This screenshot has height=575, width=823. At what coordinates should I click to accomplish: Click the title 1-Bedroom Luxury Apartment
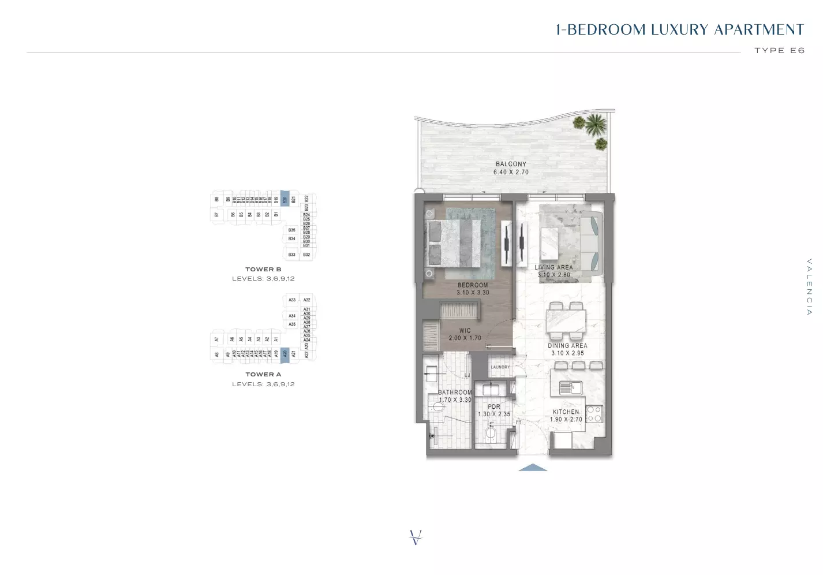pos(679,30)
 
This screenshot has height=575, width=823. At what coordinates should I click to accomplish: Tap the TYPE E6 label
pos(779,51)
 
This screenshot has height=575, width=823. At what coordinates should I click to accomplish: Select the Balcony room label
pos(511,164)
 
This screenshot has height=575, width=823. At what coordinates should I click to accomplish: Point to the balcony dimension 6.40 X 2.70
pos(511,172)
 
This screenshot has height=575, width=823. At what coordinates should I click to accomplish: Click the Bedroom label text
pos(473,285)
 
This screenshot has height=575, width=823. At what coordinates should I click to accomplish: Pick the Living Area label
pos(553,267)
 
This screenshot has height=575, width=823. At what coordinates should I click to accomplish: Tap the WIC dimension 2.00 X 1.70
pos(465,338)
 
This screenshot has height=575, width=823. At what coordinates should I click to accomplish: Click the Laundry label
pos(500,367)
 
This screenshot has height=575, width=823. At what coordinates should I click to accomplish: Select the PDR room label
pos(494,406)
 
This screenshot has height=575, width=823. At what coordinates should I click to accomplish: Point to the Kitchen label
pos(566,412)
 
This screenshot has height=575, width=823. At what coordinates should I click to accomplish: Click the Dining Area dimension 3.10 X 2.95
pos(567,353)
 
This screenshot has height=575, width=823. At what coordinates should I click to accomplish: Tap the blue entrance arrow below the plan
pos(533,468)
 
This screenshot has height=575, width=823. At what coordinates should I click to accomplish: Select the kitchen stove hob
pos(594,414)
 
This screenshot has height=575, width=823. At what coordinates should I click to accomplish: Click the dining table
pos(566,321)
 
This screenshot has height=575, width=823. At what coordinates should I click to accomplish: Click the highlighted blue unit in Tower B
pos(285,199)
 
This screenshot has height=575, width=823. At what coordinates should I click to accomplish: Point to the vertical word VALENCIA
pos(809,287)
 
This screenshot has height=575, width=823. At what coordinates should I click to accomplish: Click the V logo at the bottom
pos(415,537)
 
